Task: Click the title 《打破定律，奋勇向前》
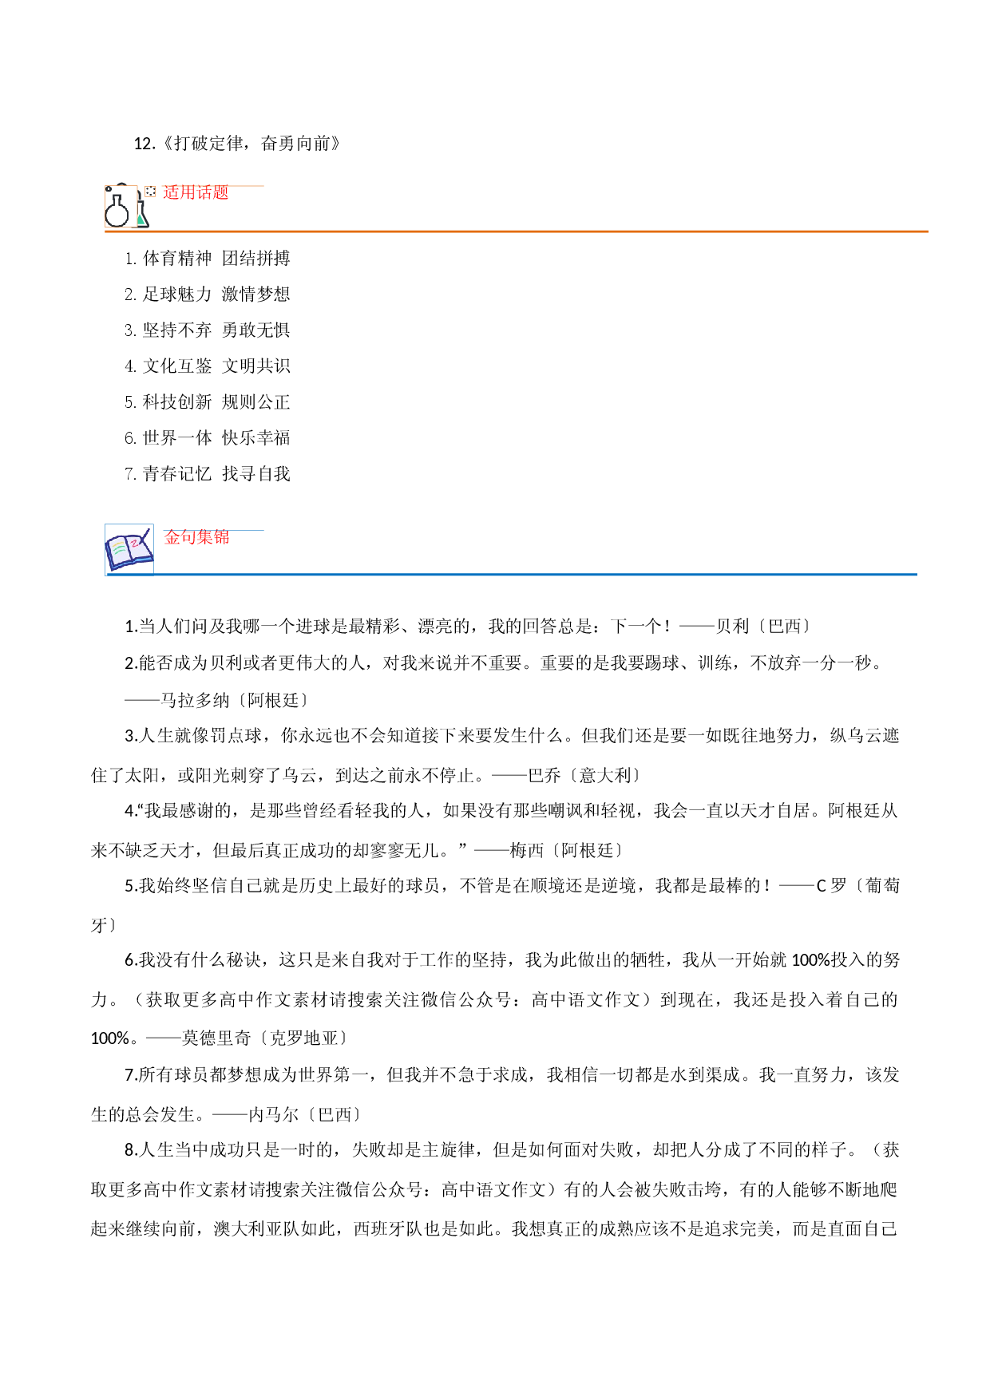coord(251,144)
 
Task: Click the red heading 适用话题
coord(196,192)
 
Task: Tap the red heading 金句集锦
coord(196,537)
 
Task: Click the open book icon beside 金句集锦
coord(129,548)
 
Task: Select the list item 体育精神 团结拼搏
coord(208,259)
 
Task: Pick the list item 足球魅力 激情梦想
coord(208,295)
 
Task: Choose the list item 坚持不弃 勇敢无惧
coord(208,330)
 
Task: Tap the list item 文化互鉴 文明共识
coord(208,366)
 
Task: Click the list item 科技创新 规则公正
coord(208,402)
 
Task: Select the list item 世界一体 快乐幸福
coord(208,438)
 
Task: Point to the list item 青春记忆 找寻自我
coord(208,474)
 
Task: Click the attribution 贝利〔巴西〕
coord(764,627)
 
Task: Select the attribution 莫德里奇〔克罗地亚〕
coord(266,1038)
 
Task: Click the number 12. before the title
coord(145,144)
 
